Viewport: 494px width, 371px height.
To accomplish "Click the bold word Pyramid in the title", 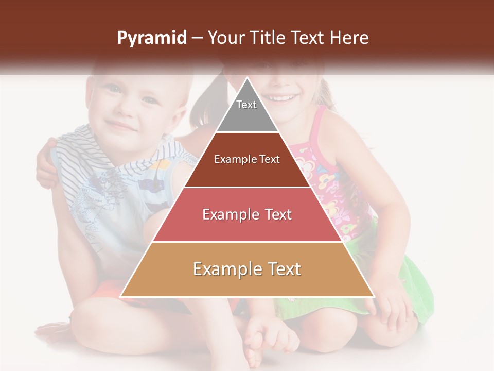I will tap(151, 38).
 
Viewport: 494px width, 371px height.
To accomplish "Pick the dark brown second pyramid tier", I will tap(247, 160).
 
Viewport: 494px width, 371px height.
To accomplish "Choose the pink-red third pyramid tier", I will tap(247, 214).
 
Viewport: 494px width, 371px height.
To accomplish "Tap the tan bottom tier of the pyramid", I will tap(247, 269).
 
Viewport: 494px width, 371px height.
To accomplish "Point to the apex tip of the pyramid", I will tap(247, 78).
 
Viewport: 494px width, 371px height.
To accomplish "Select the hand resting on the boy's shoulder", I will tap(49, 165).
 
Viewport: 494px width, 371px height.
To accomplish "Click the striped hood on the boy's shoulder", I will tap(77, 155).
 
